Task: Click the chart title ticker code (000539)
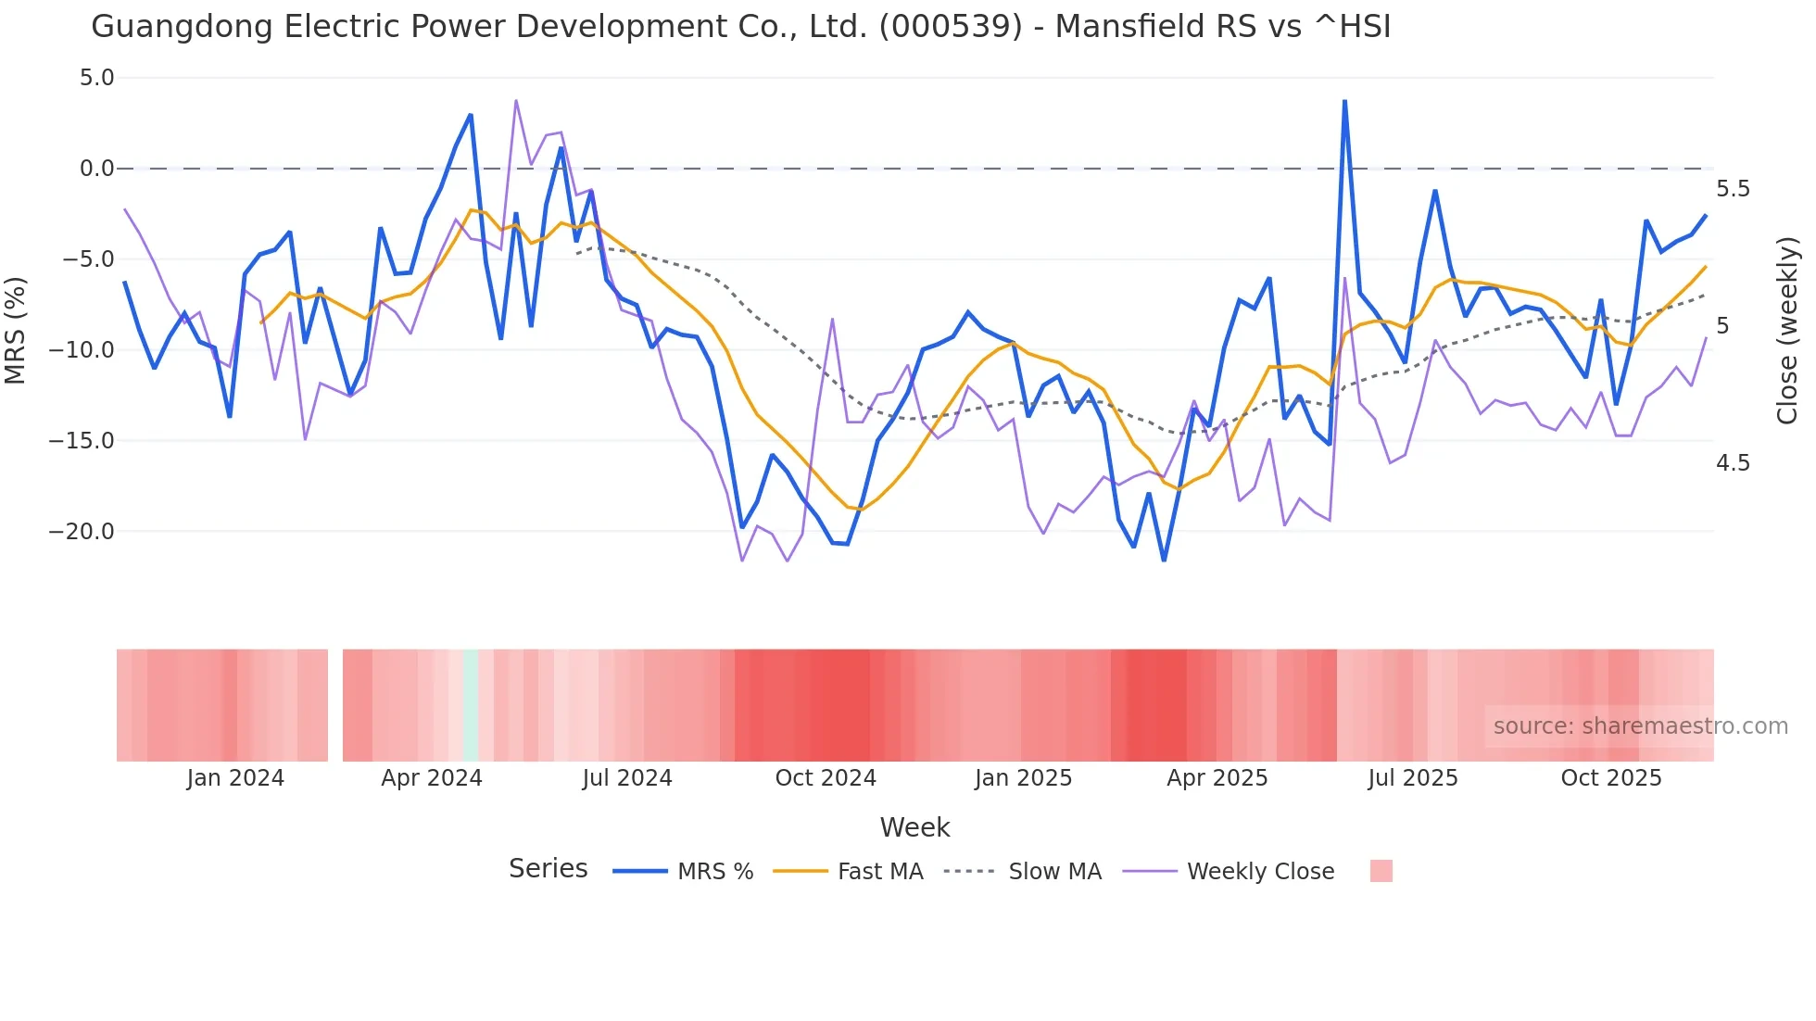point(951,26)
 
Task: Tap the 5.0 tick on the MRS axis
point(96,78)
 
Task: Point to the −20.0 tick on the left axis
point(82,532)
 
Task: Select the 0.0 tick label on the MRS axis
point(96,169)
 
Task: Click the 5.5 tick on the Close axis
point(1733,189)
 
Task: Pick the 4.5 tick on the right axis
point(1733,463)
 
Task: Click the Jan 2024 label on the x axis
point(235,778)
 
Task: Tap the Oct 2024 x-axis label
point(826,778)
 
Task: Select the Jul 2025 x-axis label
point(1413,778)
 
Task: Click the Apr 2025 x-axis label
point(1217,778)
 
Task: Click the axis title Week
point(914,827)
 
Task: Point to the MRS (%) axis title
point(16,331)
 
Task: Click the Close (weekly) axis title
point(1787,331)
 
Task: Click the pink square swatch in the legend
point(1381,872)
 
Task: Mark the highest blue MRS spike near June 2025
point(1344,101)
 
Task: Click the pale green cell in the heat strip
point(471,705)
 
